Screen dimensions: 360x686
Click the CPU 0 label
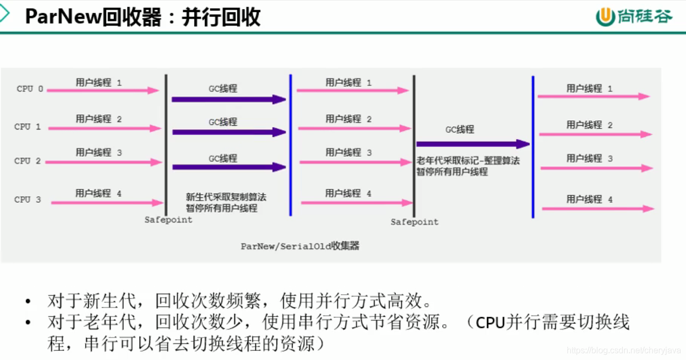click(x=30, y=89)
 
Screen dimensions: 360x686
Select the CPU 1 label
click(x=27, y=127)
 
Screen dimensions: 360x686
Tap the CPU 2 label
click(x=27, y=160)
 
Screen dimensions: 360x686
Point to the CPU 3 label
click(x=27, y=200)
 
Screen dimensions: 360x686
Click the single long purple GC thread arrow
click(x=472, y=144)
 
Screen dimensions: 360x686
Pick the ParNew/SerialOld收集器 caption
click(x=300, y=246)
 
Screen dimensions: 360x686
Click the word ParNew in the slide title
click(x=63, y=17)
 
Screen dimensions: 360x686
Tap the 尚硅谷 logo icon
click(x=605, y=17)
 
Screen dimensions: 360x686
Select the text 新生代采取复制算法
click(x=226, y=197)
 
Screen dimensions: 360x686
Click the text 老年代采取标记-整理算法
click(x=468, y=160)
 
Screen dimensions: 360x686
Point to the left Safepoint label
click(x=168, y=220)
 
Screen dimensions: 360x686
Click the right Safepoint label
click(x=414, y=221)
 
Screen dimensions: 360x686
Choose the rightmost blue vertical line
click(x=533, y=147)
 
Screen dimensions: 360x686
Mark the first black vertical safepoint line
click(x=166, y=144)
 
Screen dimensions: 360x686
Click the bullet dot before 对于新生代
click(x=28, y=302)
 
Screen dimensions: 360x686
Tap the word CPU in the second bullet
click(x=490, y=323)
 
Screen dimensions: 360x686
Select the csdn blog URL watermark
click(x=623, y=350)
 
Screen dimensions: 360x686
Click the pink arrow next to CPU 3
click(x=106, y=203)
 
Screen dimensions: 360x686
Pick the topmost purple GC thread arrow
click(x=228, y=99)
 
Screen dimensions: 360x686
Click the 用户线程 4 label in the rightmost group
click(x=589, y=200)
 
